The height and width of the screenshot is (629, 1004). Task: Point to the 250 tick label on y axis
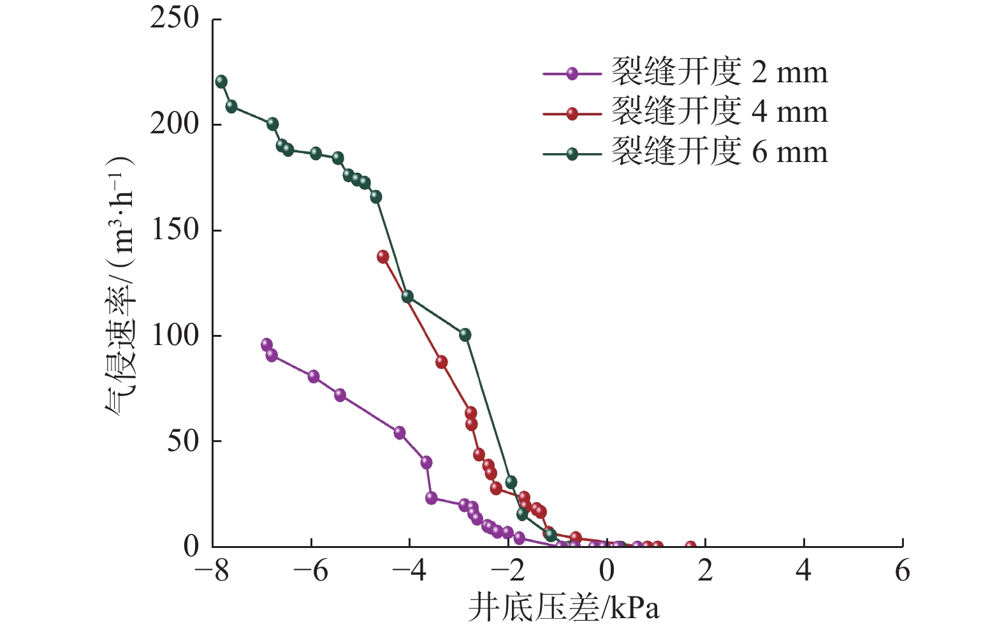pos(175,18)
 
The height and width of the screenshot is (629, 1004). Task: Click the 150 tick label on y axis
pos(175,230)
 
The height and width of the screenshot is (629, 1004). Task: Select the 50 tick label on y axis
pos(183,441)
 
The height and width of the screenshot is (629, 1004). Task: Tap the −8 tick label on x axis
pos(212,570)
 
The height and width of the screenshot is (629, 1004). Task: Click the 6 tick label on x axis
pos(902,570)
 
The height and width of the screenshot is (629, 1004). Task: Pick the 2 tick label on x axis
pos(705,570)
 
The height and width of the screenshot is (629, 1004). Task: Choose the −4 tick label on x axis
pos(409,570)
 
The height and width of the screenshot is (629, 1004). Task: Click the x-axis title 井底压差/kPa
pos(564,608)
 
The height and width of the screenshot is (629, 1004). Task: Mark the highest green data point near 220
pos(221,82)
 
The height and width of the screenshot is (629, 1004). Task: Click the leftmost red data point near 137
pos(383,256)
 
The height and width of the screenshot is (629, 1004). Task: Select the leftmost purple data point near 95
pos(266,344)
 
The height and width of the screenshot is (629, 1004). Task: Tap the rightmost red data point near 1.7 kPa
pos(690,547)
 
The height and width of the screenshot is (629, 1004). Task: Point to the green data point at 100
pos(465,334)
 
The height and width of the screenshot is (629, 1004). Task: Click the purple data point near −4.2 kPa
pos(400,433)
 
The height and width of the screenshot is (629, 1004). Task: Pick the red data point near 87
pos(441,362)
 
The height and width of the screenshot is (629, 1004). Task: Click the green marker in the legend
pos(572,153)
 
